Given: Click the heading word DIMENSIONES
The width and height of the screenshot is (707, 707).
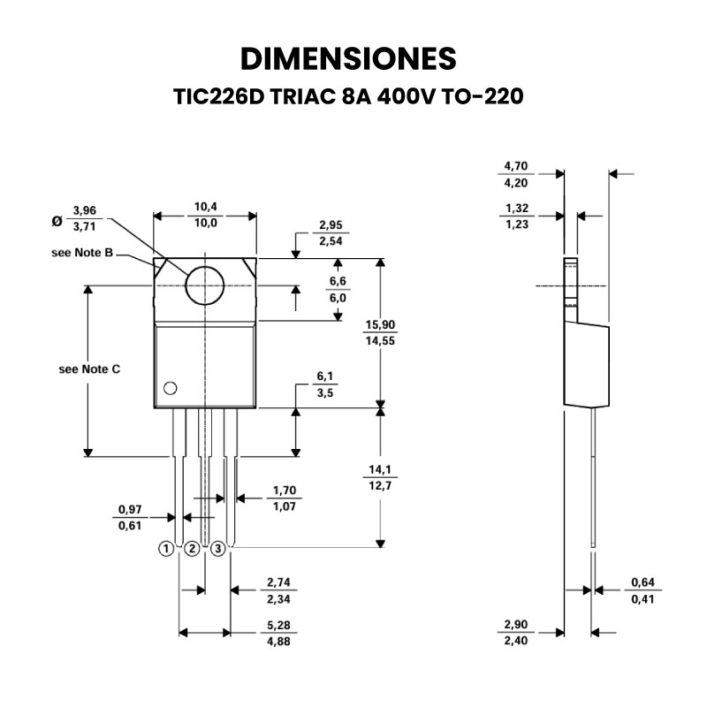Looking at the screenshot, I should coord(349,57).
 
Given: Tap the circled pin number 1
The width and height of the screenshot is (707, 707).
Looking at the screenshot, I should coord(165,549).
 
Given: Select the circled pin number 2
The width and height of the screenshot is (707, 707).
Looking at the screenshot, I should coord(192,549).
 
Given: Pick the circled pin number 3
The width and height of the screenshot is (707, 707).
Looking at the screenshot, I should coord(218,549).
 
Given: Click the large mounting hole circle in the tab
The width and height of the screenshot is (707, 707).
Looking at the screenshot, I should coord(205,285).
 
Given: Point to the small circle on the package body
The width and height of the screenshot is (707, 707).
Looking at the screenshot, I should coord(170,387).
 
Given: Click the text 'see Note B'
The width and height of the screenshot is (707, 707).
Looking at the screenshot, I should coord(82,253).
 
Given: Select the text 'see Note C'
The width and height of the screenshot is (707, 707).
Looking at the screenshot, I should coord(89,369).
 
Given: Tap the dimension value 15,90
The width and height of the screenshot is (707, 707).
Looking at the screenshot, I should coord(381,326).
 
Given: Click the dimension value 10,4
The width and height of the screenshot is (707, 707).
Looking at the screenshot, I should coord(205,208).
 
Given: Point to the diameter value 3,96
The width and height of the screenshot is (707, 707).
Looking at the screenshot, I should coord(84,210).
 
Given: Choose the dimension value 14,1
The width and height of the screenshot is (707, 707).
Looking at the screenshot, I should coord(381,470).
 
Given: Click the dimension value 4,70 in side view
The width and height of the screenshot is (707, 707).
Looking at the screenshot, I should coord(516,166).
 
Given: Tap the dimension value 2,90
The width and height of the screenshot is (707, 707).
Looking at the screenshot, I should coord(516,626).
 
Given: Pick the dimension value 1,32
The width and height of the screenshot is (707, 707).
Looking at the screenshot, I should coord(516,209).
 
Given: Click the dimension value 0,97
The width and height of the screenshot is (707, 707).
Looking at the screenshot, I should coord(130,511).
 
